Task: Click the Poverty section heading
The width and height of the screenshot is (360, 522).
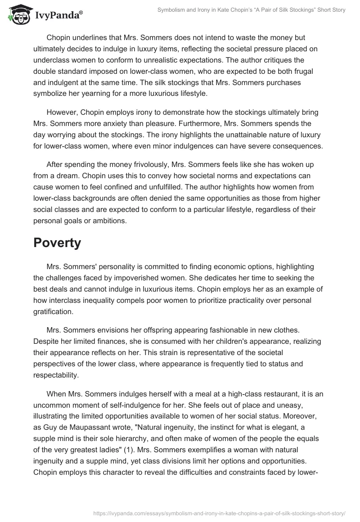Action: (x=57, y=243)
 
